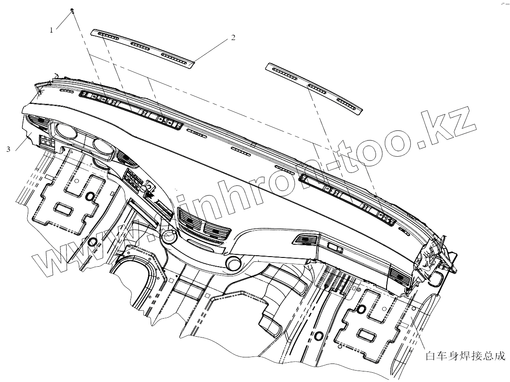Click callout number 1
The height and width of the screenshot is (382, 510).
click(x=52, y=30)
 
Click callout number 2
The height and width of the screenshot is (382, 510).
click(x=233, y=38)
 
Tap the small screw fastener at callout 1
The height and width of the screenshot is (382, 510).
click(x=71, y=10)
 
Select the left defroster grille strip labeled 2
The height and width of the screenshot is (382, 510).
click(x=142, y=48)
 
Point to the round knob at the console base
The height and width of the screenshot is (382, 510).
click(x=233, y=262)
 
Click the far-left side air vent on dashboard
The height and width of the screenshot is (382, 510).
click(x=37, y=120)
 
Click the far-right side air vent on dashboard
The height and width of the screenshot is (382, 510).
click(x=400, y=278)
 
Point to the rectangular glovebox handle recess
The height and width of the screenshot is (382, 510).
click(x=334, y=248)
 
